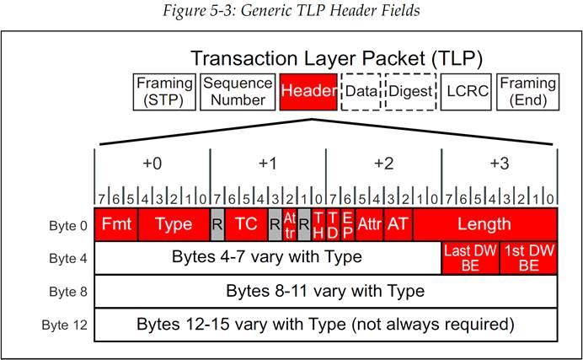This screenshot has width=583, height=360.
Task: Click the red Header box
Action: [x=308, y=93]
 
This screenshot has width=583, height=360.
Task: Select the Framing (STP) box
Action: [x=164, y=93]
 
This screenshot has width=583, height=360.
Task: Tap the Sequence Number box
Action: [x=238, y=93]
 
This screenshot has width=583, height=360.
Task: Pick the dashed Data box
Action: [x=361, y=93]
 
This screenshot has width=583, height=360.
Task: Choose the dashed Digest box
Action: [x=409, y=93]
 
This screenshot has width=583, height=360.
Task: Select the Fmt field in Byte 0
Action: [x=115, y=224]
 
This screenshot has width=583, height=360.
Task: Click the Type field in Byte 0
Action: [x=174, y=224]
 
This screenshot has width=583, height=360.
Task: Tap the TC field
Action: [x=245, y=224]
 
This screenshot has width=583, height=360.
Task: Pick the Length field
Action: [x=484, y=224]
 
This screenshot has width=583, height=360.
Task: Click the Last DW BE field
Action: [x=470, y=257]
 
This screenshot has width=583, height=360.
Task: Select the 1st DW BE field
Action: [x=528, y=257]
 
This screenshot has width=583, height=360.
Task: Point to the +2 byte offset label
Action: [x=383, y=164]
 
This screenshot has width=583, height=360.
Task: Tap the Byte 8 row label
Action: [x=64, y=292]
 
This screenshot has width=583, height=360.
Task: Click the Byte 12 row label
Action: [x=63, y=325]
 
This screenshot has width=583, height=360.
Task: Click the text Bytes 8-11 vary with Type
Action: [x=325, y=292]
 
